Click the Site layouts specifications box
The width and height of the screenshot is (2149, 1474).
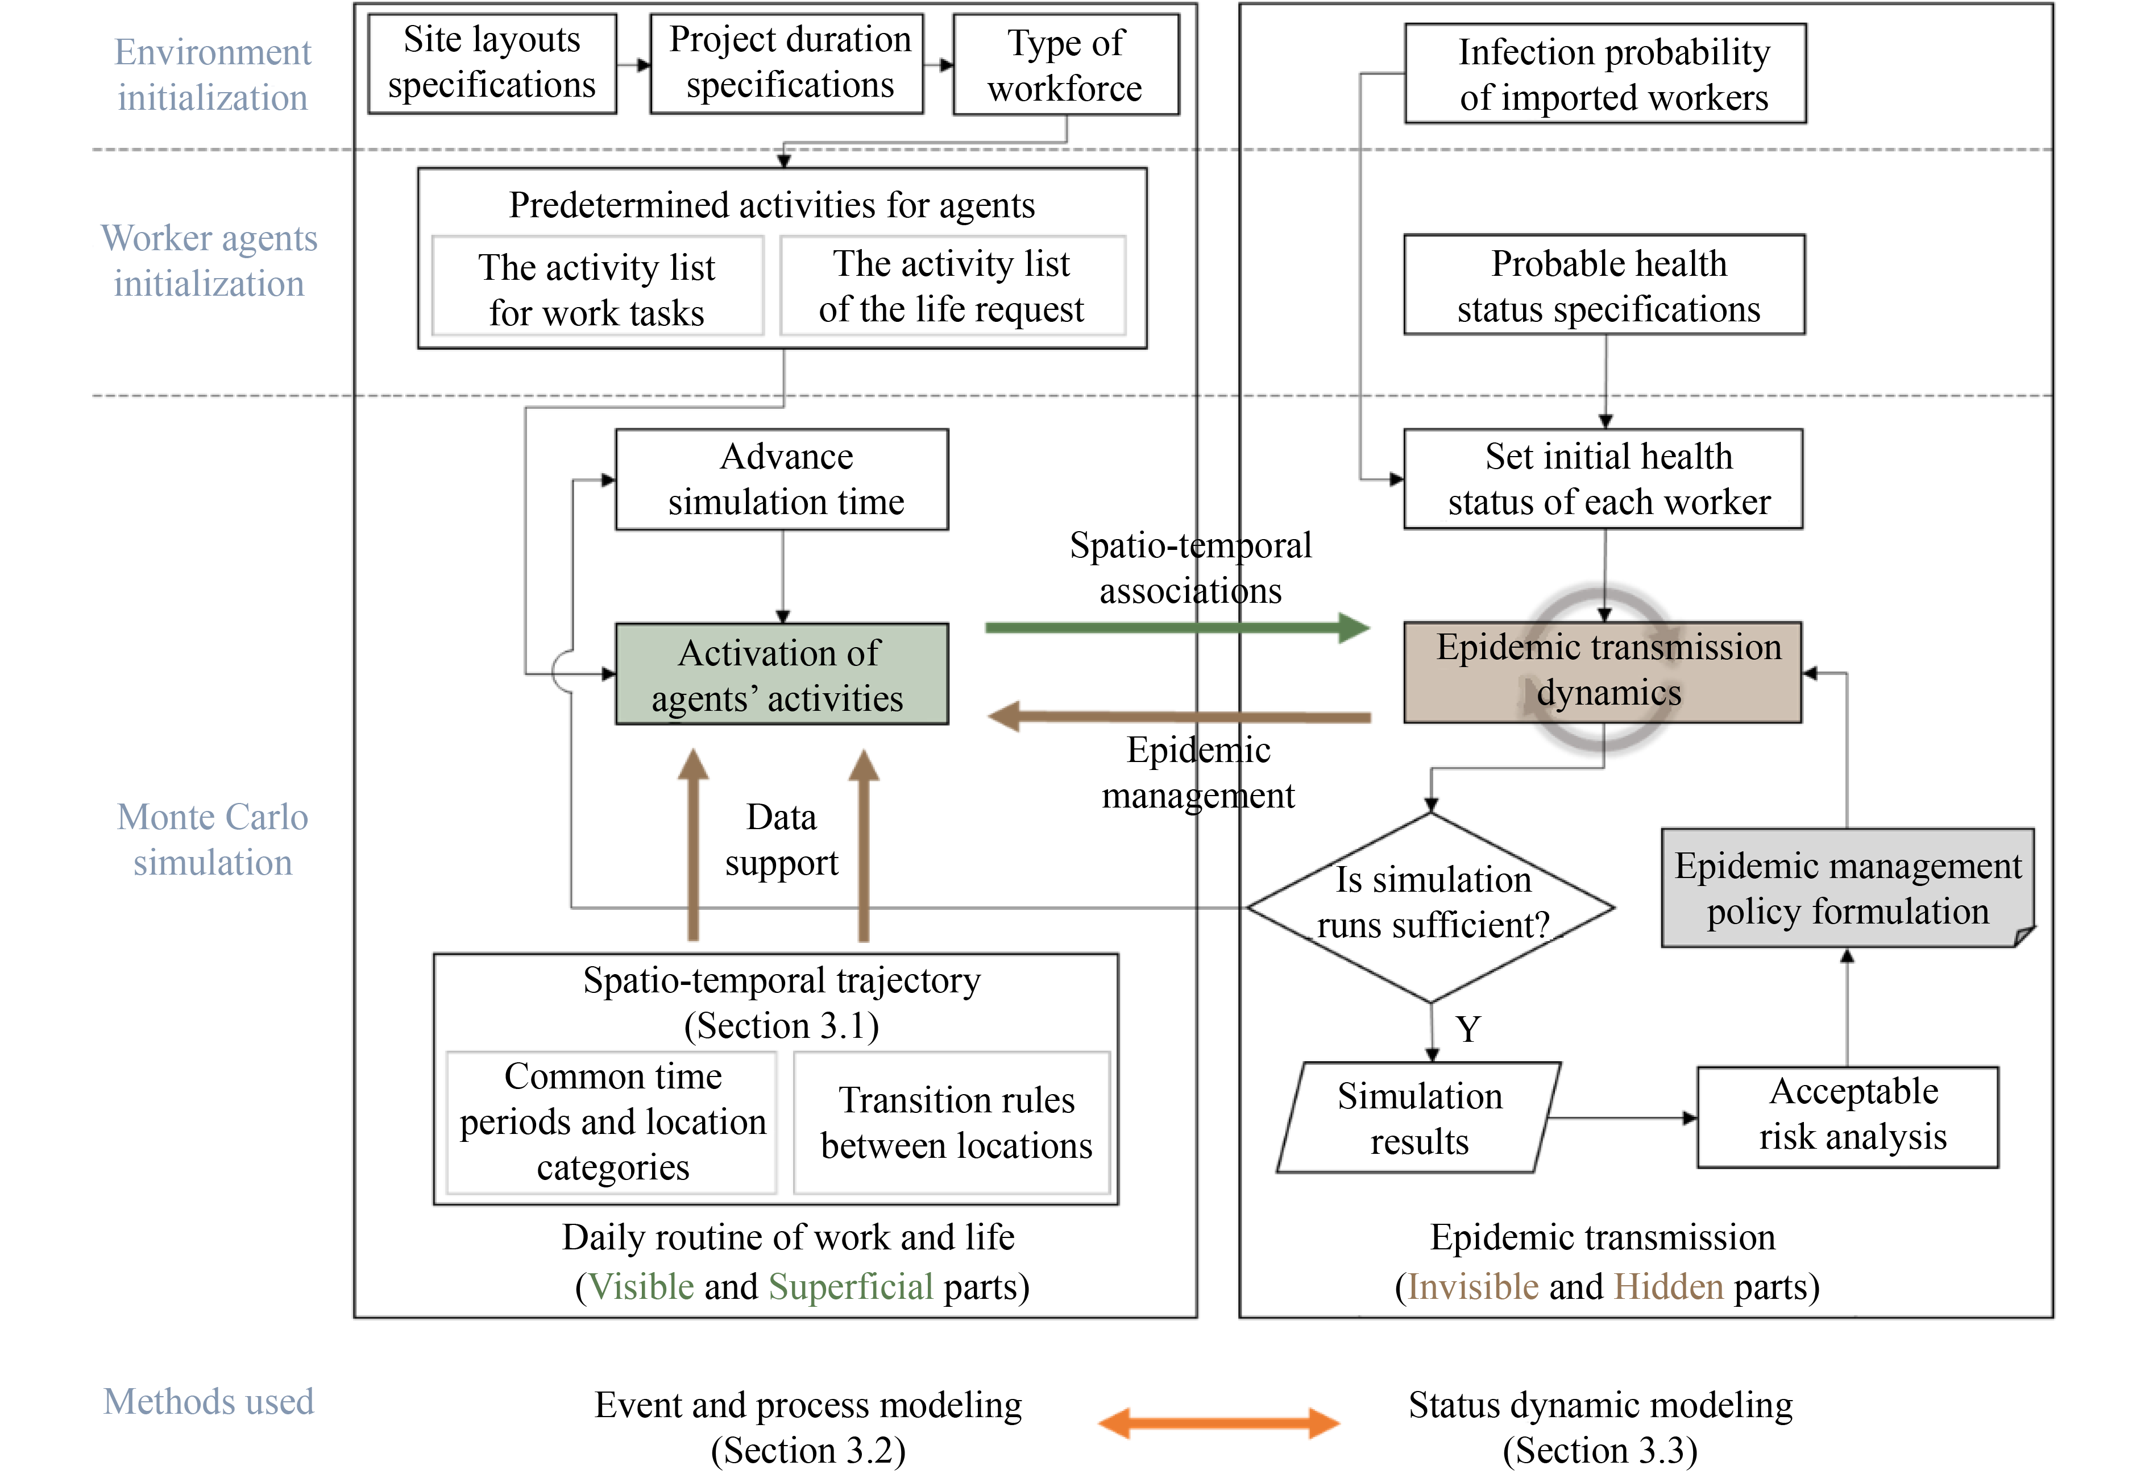coord(492,63)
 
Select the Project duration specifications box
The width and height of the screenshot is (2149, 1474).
coord(787,63)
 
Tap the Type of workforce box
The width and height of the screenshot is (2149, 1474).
coord(1065,65)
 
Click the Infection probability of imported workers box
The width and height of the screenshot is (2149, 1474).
coord(1605,74)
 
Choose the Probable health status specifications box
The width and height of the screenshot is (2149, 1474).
coord(1604,285)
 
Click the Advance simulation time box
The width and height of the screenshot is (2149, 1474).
coord(782,479)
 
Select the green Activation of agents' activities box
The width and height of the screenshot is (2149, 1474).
coord(782,674)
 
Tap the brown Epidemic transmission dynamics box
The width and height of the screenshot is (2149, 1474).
coord(1603,672)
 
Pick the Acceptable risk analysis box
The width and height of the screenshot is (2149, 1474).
coord(1848,1117)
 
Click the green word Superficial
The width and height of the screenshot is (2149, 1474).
coord(851,1286)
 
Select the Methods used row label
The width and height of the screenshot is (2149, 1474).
coord(209,1401)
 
